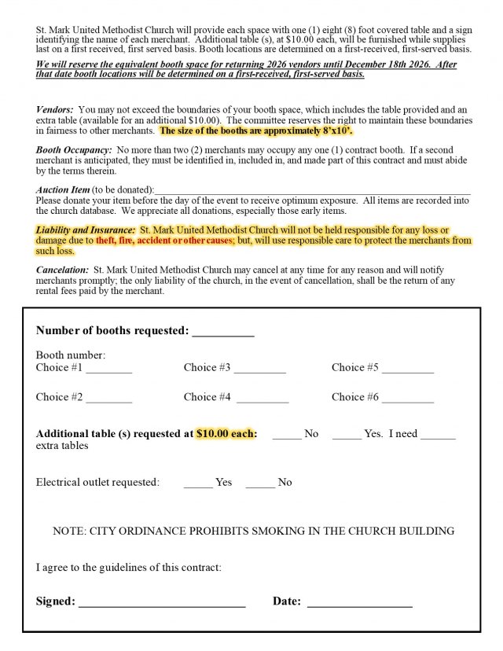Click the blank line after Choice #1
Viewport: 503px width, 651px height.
pos(109,370)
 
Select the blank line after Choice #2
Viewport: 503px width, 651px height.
pos(109,399)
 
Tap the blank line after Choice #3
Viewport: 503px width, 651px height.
pos(259,370)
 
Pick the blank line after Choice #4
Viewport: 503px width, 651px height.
pos(263,399)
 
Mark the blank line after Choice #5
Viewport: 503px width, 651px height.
pos(407,370)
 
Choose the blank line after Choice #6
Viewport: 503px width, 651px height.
pos(407,399)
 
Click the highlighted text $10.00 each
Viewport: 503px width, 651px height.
pos(226,433)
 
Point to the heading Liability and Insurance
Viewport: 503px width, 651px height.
pos(86,230)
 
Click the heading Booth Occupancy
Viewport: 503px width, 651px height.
pos(73,149)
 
